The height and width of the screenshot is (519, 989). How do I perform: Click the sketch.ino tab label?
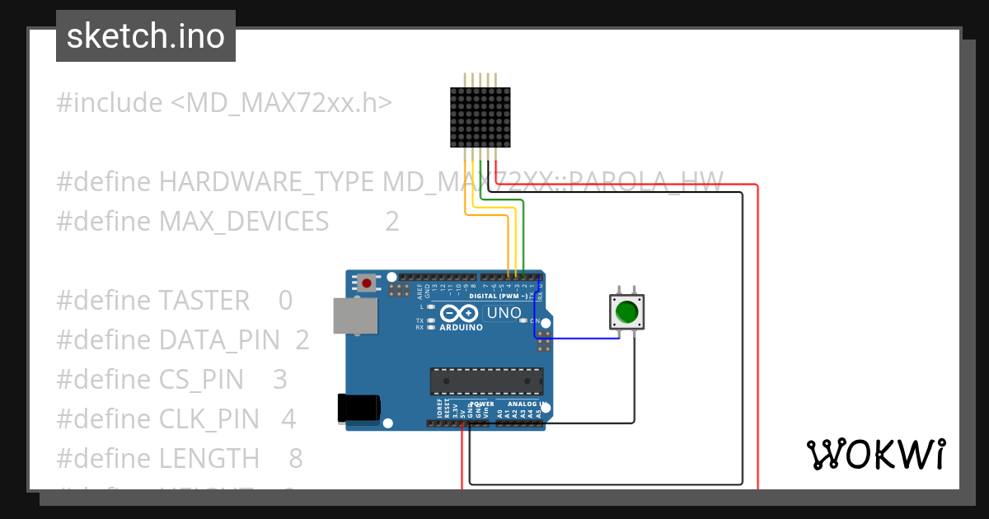(x=146, y=36)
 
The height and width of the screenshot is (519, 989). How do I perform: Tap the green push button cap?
(x=626, y=312)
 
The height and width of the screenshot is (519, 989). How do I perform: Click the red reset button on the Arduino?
(x=366, y=283)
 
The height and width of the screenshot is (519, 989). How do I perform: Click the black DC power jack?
(x=359, y=409)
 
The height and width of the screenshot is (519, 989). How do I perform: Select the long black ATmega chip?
(x=486, y=381)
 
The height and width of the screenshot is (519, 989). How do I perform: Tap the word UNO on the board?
(x=504, y=313)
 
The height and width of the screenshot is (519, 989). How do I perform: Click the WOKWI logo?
(x=875, y=454)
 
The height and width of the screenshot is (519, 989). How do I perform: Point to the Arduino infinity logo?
(x=459, y=313)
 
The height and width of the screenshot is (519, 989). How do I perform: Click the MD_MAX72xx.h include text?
(x=281, y=103)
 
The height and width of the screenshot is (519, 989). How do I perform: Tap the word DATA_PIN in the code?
(x=218, y=339)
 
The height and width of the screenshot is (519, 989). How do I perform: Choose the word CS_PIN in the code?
(x=201, y=379)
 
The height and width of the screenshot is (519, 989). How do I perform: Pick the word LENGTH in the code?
(x=209, y=458)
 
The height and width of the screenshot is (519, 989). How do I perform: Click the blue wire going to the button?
(x=577, y=338)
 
